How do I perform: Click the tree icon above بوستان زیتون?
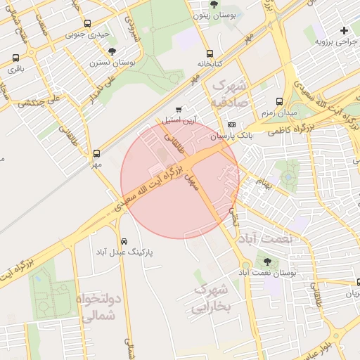coord(214,4)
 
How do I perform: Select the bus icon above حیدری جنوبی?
coord(87,23)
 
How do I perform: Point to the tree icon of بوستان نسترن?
coord(112,51)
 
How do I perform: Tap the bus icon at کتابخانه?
coord(210,54)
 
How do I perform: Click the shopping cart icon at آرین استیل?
coord(179,110)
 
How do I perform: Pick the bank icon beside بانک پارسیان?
coord(233,125)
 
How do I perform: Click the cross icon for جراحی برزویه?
coord(344,30)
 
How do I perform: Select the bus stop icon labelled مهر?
coord(96,153)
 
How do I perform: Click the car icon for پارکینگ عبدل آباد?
coord(124,240)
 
